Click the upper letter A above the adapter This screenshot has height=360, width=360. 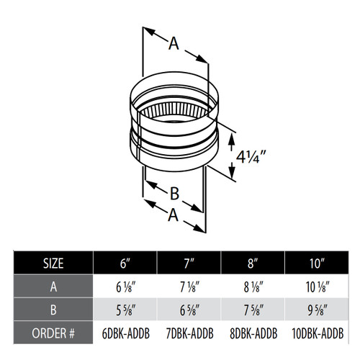[173, 44]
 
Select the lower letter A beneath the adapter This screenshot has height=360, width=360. [173, 214]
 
